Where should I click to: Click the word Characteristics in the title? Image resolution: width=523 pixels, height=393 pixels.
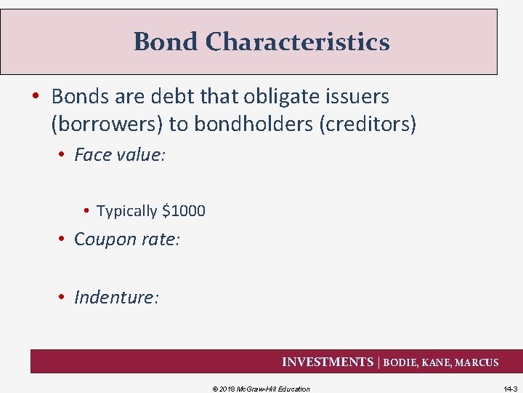click(297, 41)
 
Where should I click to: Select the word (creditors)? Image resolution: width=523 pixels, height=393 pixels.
click(368, 124)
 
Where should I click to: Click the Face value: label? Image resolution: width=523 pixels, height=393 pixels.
click(120, 155)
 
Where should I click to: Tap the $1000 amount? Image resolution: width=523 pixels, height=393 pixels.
click(184, 211)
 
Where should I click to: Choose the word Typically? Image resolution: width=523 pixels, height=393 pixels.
click(127, 211)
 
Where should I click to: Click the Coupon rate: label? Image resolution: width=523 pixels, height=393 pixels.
click(126, 239)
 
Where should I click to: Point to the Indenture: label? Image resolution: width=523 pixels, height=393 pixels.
click(116, 297)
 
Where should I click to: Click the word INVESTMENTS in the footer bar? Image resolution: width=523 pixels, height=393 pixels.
click(327, 362)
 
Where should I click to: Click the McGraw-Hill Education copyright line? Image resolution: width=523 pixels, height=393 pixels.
click(261, 389)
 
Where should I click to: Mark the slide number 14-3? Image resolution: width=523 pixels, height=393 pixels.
click(510, 389)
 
